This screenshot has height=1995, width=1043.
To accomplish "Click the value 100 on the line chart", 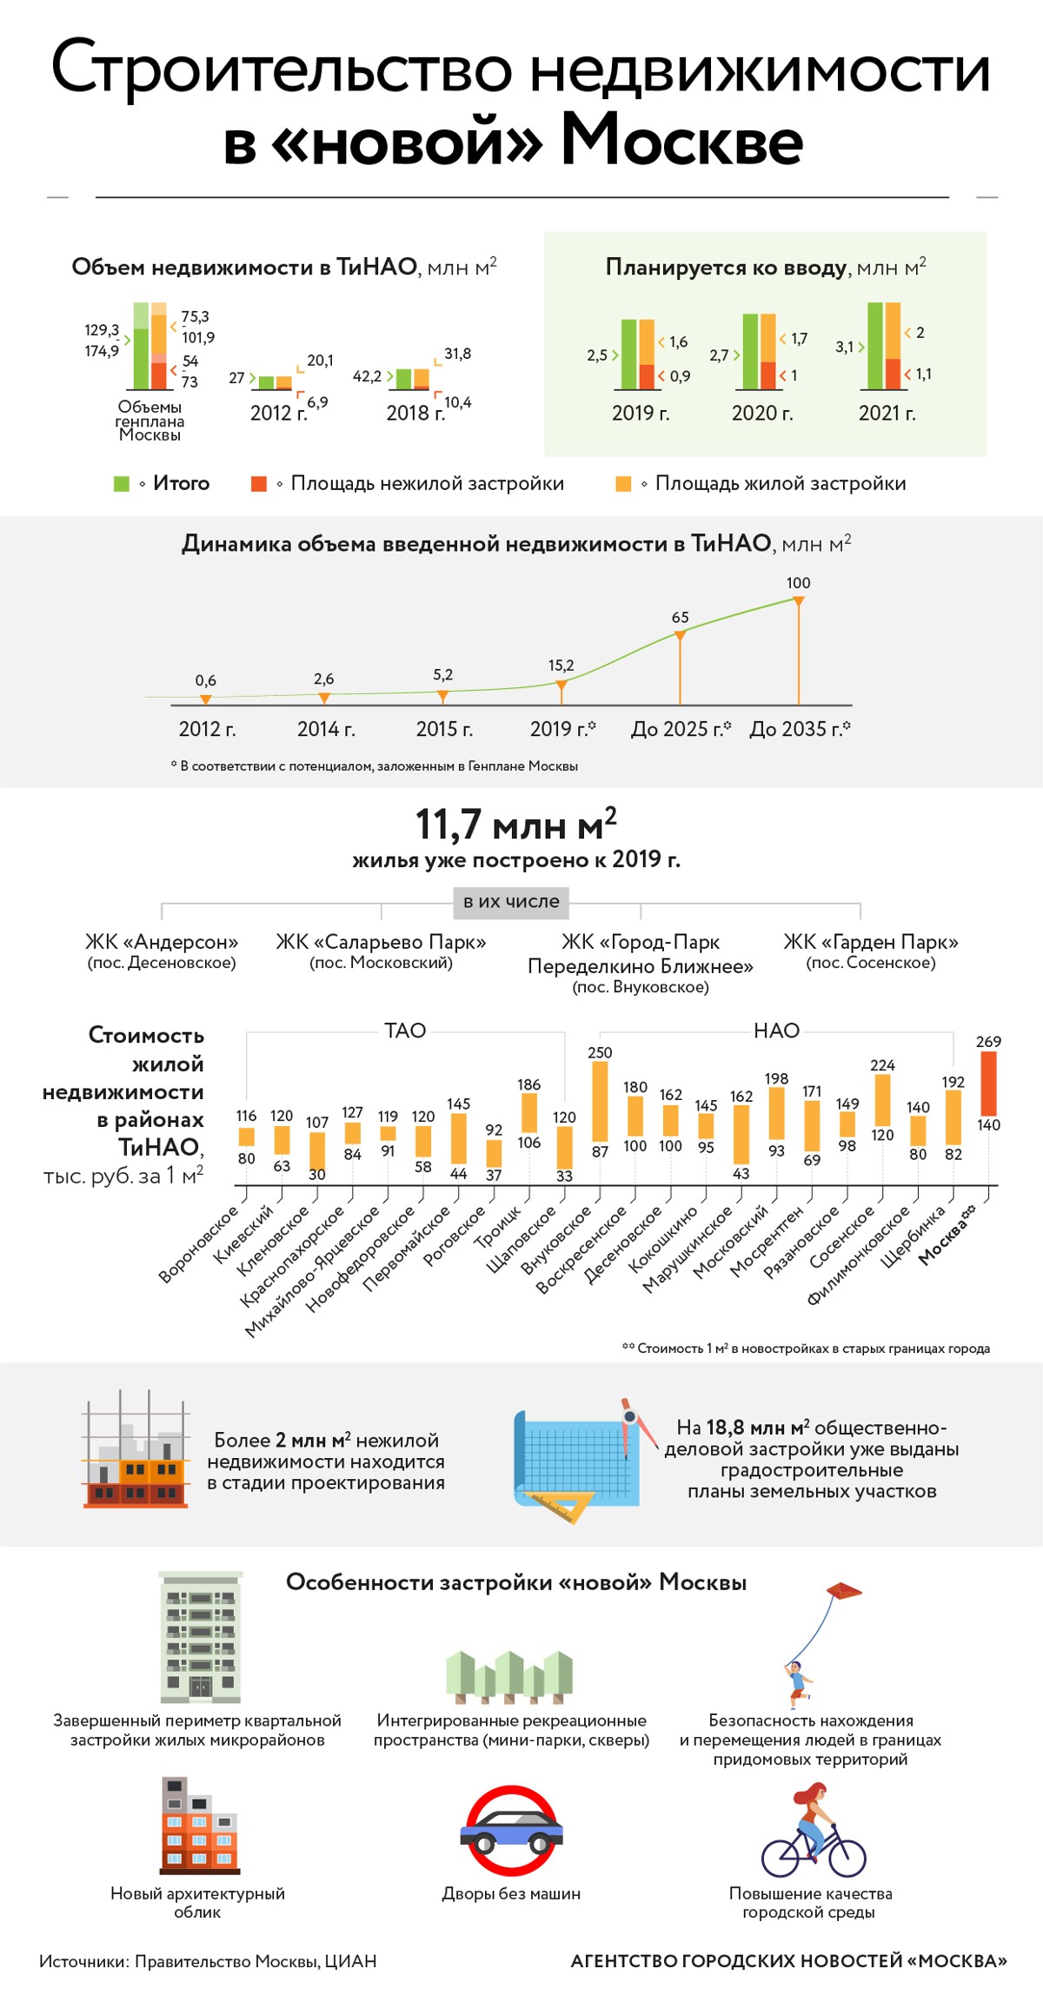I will [x=798, y=583].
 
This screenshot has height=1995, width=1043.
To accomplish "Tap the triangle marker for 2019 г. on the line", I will [x=561, y=686].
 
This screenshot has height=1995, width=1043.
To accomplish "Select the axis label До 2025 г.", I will [x=681, y=729].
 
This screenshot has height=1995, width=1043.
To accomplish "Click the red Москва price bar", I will [x=988, y=1084].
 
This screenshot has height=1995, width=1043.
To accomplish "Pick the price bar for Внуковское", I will [x=600, y=1101].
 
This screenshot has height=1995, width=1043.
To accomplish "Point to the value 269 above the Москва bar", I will [x=988, y=1042].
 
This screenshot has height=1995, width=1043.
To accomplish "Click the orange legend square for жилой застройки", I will [x=623, y=484].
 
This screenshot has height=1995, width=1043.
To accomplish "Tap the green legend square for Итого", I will [x=122, y=484].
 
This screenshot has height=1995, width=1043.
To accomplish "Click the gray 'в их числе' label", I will [x=511, y=902].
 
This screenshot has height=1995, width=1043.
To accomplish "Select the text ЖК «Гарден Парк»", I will [x=871, y=942].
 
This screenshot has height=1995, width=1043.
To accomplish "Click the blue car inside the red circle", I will [x=511, y=1832].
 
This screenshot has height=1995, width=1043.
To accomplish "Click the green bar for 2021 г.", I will [x=875, y=346].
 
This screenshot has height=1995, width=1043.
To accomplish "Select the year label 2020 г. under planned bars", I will [x=762, y=414].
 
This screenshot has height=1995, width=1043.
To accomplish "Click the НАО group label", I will [x=776, y=1031].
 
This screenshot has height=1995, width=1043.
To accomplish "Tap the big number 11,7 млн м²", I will [x=515, y=825].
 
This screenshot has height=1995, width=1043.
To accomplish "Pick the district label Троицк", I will [x=499, y=1227].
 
